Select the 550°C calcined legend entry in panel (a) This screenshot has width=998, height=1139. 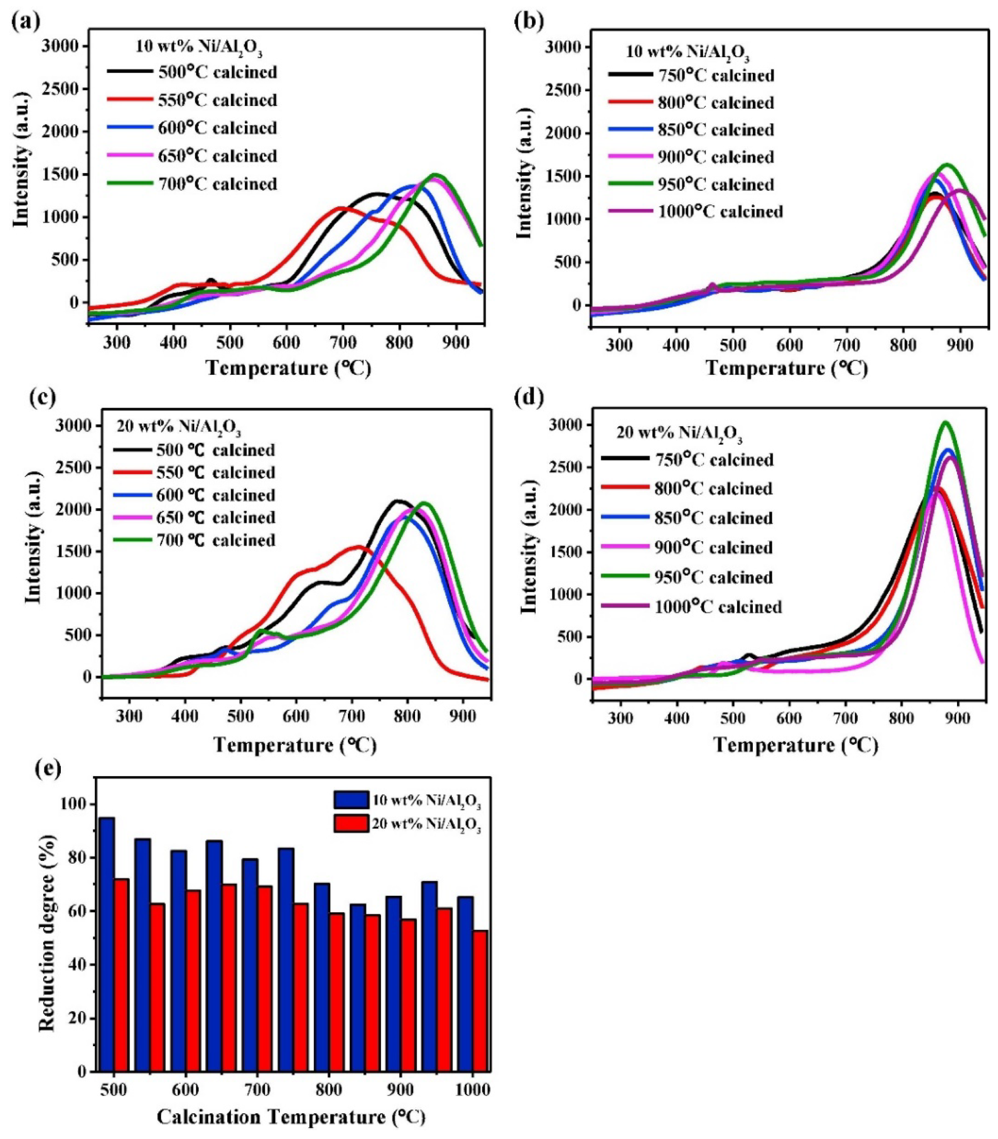click(217, 100)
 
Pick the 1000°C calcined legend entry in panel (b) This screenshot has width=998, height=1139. click(720, 211)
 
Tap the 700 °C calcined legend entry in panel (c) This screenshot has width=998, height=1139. click(217, 540)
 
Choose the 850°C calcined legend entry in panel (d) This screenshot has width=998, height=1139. click(716, 518)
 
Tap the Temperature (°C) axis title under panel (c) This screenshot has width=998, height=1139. click(295, 745)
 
